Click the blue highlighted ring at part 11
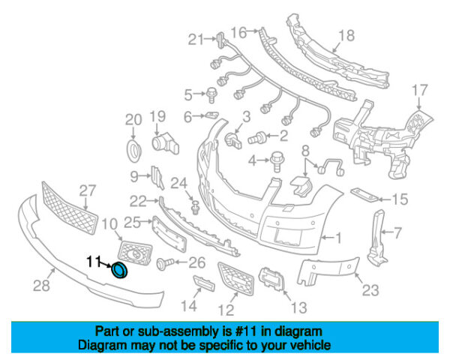pos(118,269)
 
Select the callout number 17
pos(418,91)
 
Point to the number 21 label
pos(196,39)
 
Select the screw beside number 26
pos(166,263)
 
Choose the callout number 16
pos(238,31)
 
